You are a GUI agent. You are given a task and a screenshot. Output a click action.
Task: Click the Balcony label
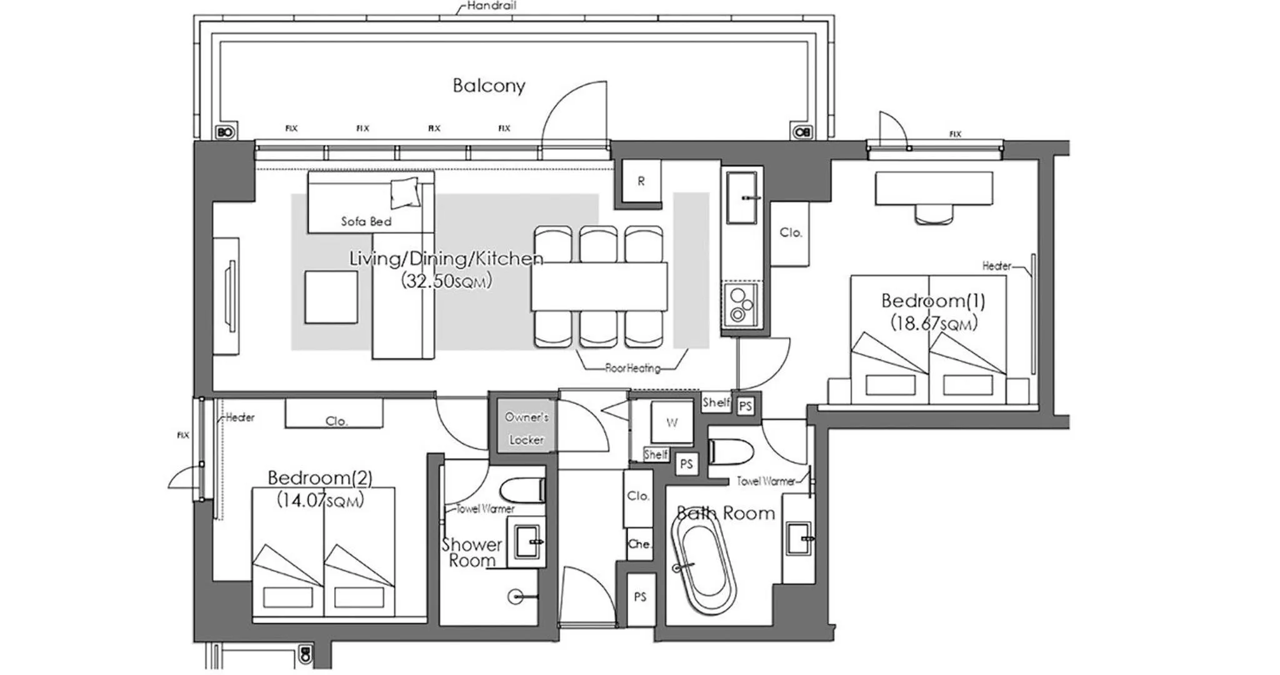(489, 86)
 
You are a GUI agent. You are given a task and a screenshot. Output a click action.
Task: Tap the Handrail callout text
(491, 6)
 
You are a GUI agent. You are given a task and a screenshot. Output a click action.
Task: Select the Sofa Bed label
(366, 221)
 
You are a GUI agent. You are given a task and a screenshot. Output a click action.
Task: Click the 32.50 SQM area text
(446, 281)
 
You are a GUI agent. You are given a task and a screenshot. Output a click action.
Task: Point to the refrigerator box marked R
(641, 181)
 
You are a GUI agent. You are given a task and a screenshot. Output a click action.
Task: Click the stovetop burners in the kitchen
(741, 305)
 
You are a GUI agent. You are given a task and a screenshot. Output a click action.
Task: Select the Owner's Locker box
(526, 428)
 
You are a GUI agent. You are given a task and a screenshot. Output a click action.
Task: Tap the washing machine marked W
(672, 423)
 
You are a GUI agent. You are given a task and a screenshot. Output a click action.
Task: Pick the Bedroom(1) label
(932, 301)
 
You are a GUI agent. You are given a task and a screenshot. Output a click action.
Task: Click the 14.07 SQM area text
(320, 500)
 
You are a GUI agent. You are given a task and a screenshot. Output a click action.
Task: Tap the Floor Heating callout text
(632, 368)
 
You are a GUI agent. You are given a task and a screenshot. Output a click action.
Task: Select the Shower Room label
(472, 552)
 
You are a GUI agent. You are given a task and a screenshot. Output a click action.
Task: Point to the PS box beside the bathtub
(640, 597)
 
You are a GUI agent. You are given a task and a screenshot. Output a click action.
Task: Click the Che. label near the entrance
(639, 544)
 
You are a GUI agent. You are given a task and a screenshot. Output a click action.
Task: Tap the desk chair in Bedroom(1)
(934, 215)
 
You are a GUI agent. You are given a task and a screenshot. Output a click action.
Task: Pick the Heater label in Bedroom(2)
(240, 417)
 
